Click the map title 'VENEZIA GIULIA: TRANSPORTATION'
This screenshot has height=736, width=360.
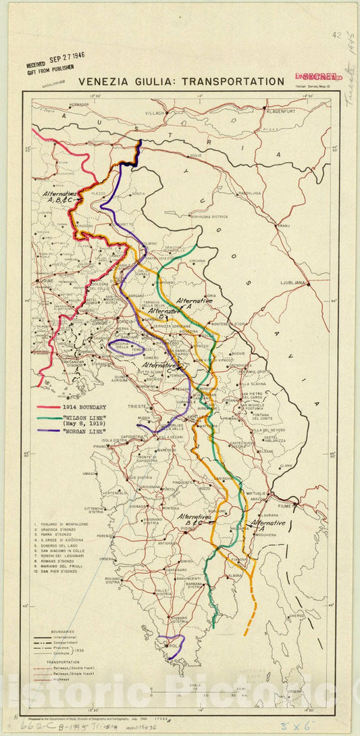coord(181,82)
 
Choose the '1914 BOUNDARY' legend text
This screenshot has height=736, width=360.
coord(84,408)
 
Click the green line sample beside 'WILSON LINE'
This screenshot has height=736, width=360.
coord(49,419)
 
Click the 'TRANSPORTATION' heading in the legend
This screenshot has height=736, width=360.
coord(57,662)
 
